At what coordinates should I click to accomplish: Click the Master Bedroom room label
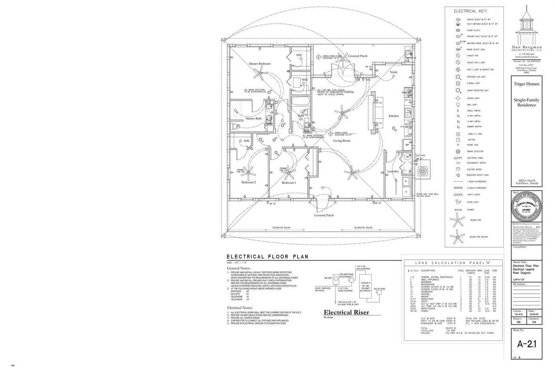[260, 64]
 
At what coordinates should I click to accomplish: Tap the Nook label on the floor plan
[393, 72]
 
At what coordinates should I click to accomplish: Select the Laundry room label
[393, 172]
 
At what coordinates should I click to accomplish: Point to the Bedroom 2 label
[249, 183]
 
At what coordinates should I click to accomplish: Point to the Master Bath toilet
[235, 126]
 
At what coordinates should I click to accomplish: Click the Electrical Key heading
[470, 11]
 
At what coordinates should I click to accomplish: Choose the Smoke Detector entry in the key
[475, 151]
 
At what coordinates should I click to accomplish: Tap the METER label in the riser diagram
[328, 278]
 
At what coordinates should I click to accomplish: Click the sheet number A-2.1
[527, 344]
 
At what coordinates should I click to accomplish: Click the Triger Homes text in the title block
[526, 84]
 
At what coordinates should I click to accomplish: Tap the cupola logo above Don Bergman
[526, 26]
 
